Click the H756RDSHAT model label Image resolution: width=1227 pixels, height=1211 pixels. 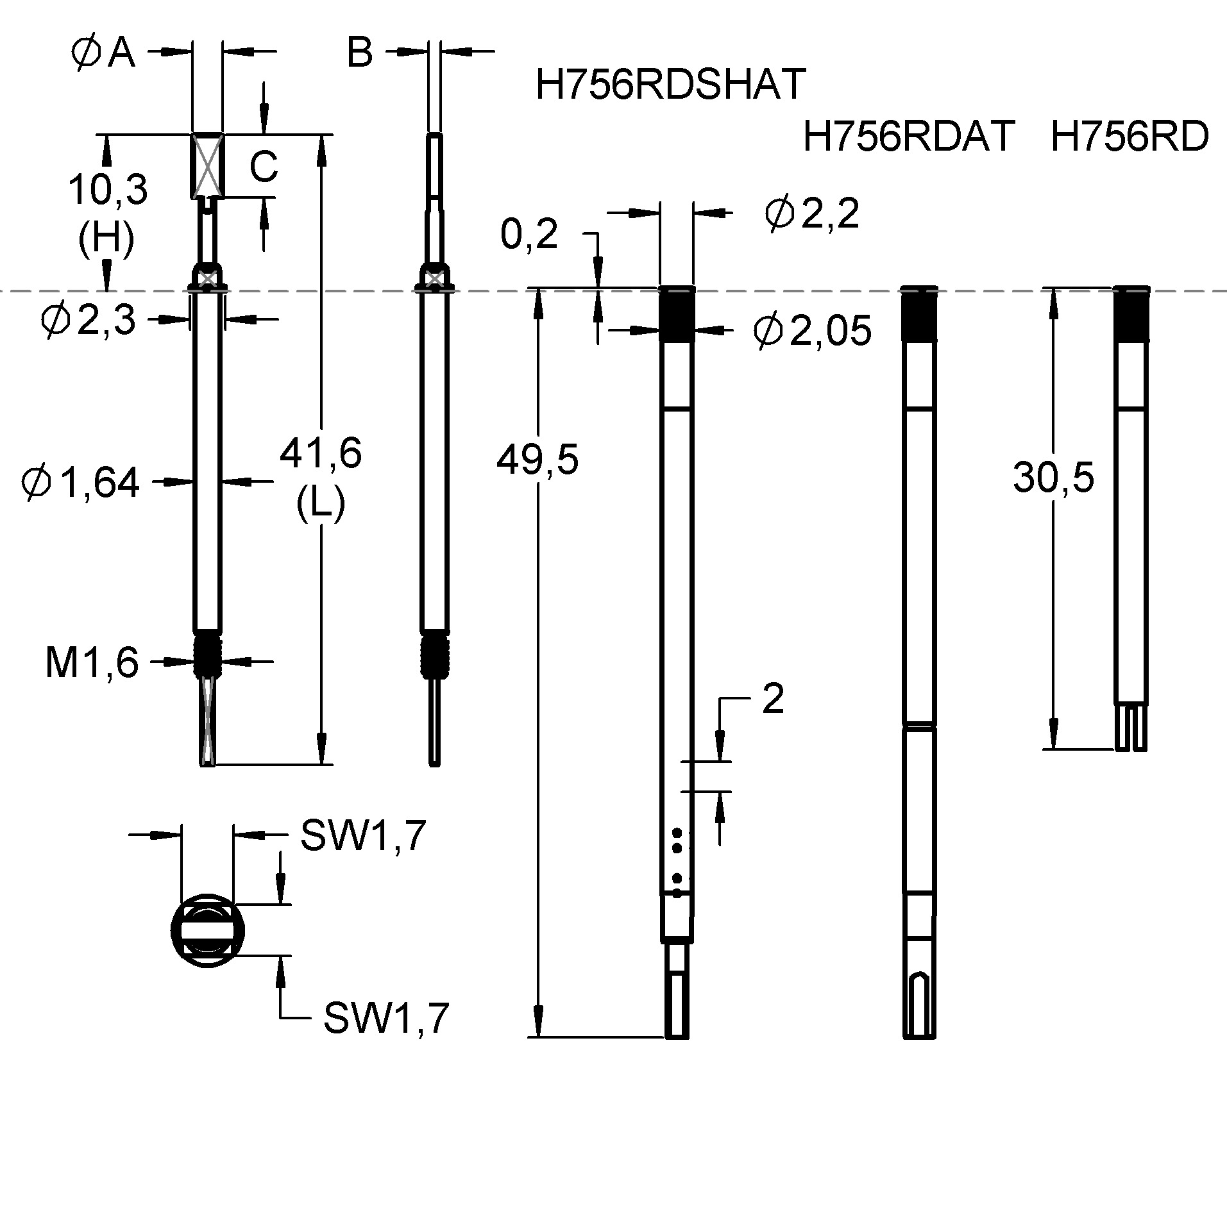pyautogui.click(x=670, y=84)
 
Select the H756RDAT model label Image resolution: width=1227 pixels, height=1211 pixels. pyautogui.click(x=908, y=137)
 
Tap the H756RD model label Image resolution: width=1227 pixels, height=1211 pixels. pyautogui.click(x=1130, y=137)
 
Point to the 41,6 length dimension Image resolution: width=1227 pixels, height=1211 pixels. pyautogui.click(x=321, y=453)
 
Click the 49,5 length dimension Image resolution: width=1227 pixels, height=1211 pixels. pyautogui.click(x=537, y=460)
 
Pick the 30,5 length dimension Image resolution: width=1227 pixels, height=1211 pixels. pyautogui.click(x=1054, y=478)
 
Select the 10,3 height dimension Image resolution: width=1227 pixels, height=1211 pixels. pyautogui.click(x=108, y=190)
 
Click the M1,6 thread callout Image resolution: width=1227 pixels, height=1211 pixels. pyautogui.click(x=92, y=662)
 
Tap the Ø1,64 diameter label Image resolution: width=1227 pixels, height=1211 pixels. pyautogui.click(x=80, y=483)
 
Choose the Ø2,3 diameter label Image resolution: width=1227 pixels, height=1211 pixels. pyautogui.click(x=88, y=319)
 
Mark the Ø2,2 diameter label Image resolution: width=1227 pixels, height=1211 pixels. pyautogui.click(x=811, y=213)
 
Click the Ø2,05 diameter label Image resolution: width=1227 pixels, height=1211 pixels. pyautogui.click(x=813, y=331)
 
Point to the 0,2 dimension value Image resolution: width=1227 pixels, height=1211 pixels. pyautogui.click(x=529, y=235)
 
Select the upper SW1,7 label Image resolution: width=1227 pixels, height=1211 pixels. pyautogui.click(x=363, y=836)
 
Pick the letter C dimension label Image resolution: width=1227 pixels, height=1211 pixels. pyautogui.click(x=263, y=167)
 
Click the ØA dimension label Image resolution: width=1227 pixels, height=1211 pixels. pyautogui.click(x=104, y=53)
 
